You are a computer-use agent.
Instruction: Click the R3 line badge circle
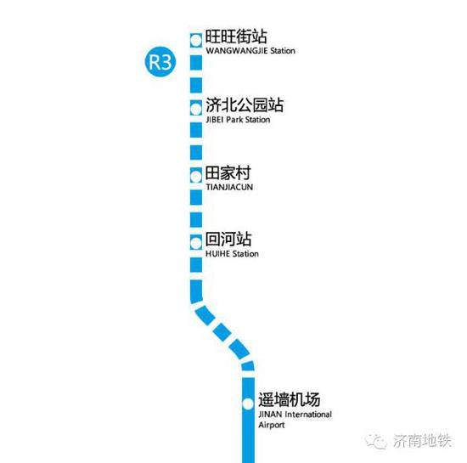pos(160,62)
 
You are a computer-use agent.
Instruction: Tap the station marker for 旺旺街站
pos(196,40)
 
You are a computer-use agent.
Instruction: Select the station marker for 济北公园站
pos(196,109)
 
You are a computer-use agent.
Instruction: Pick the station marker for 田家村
pos(196,177)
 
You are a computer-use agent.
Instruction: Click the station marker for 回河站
pos(196,244)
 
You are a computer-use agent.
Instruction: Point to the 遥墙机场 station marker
pos(248,404)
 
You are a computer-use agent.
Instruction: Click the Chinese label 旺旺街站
pos(236,37)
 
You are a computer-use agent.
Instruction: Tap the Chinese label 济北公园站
pos(245,104)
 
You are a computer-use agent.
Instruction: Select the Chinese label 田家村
pos(228,173)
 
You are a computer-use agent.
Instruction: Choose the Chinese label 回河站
pos(228,240)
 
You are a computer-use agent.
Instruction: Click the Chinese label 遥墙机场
pos(289,399)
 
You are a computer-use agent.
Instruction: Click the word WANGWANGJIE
pos(237,51)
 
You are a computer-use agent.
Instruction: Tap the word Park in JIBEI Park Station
pos(234,120)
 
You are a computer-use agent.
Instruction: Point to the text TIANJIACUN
pos(229,188)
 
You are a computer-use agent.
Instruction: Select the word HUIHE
pos(217,254)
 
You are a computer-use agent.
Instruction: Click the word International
pos(308,415)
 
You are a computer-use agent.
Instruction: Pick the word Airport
pos(272,425)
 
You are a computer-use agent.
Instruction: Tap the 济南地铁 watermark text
pos(422,441)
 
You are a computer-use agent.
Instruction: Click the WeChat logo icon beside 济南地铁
pos(376,441)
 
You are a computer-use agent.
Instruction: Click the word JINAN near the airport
pos(270,415)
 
